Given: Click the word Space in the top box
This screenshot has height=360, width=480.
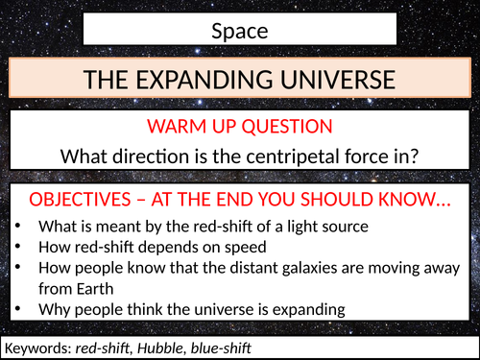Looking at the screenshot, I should click(x=239, y=31).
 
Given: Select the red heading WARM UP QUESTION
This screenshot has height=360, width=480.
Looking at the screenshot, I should click(x=239, y=128).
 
